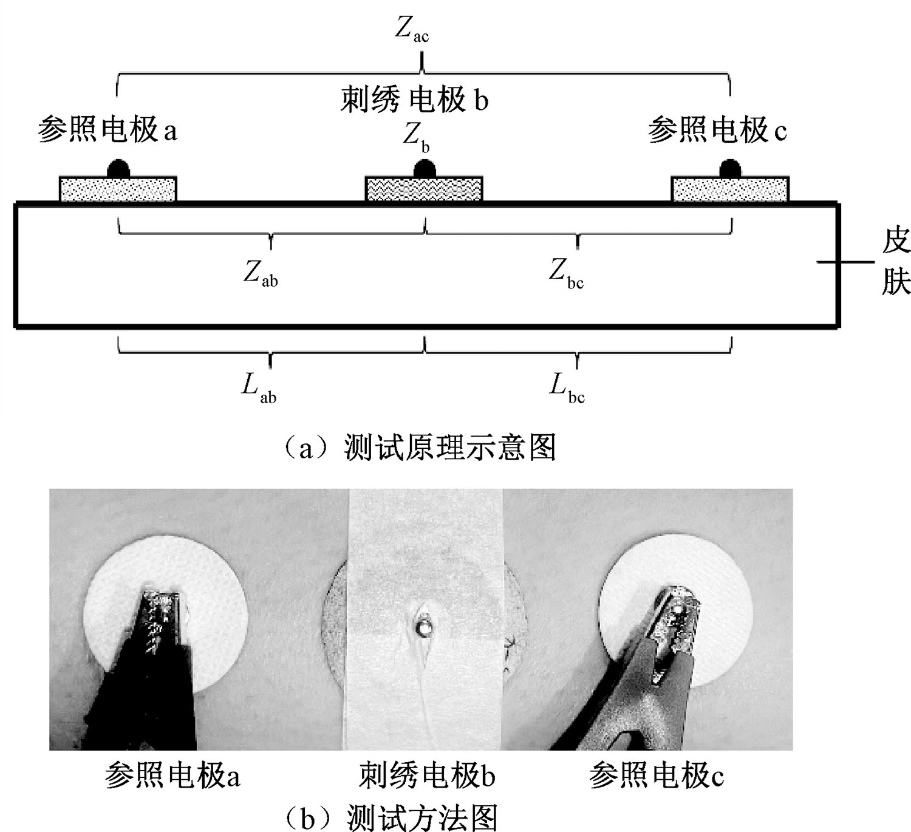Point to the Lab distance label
tap(259, 387)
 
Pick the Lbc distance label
tap(567, 387)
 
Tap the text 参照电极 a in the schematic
tap(107, 130)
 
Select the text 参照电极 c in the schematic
tap(717, 130)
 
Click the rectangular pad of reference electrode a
tap(118, 189)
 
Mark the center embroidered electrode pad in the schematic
tap(423, 189)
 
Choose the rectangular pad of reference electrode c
tap(730, 189)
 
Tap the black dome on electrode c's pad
tap(730, 169)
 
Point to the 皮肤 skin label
tap(895, 262)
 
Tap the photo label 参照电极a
tap(172, 776)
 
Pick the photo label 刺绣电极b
tap(427, 776)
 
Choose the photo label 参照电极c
tap(657, 776)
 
